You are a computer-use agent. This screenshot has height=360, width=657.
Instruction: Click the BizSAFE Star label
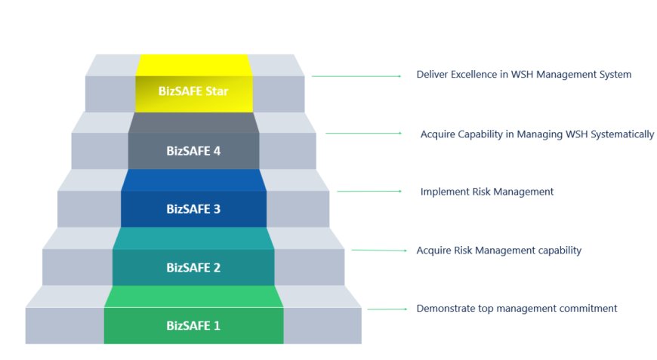pos(193,92)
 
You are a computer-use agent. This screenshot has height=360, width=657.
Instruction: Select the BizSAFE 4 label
pos(193,151)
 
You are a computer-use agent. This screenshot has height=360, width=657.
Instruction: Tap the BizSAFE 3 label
pos(193,209)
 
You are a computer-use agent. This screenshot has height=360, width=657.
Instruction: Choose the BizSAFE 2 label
pos(193,267)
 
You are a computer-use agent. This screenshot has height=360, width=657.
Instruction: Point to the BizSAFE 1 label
pos(193,326)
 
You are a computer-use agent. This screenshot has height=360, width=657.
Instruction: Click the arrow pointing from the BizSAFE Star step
pos(356,76)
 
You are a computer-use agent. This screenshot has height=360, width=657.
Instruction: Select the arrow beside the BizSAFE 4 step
pos(364,134)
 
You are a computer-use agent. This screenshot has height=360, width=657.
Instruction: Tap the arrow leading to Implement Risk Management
pos(370,192)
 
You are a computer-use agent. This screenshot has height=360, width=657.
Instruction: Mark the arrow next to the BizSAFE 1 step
pos(387,309)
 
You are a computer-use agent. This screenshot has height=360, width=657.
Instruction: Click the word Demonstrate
pos(445,308)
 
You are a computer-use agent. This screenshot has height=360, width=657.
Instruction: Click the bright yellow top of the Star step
pos(193,65)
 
